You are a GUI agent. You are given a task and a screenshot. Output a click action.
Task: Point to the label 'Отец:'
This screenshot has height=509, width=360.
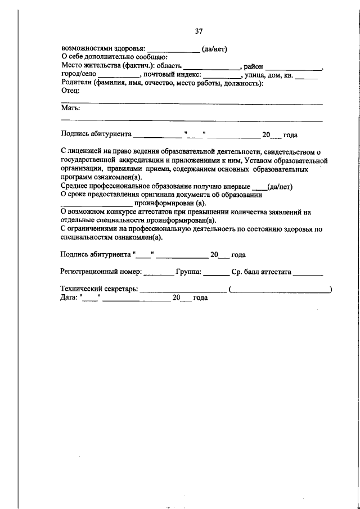(70, 91)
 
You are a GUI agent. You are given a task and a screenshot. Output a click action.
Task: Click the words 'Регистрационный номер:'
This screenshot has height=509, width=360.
(101, 272)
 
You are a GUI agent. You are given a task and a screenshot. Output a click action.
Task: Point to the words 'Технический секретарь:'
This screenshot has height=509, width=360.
(98, 289)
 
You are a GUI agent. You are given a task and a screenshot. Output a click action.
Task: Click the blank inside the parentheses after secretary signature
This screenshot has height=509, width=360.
(280, 290)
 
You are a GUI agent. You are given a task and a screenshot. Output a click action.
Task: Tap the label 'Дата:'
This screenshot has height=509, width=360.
(69, 298)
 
